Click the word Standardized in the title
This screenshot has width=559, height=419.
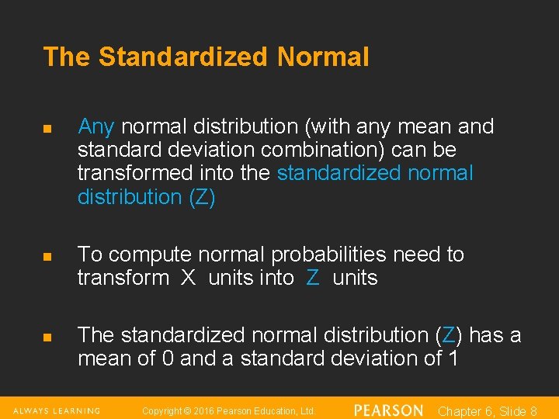click(x=184, y=57)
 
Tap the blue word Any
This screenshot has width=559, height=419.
click(x=96, y=126)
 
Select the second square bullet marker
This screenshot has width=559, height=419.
click(x=47, y=256)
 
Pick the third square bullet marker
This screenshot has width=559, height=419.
click(x=47, y=337)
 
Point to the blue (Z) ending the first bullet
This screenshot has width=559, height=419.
click(x=202, y=197)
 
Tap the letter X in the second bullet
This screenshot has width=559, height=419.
click(x=188, y=279)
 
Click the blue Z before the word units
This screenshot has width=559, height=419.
click(x=313, y=279)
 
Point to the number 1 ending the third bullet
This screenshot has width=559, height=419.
click(x=453, y=359)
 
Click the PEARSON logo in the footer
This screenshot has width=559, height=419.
click(x=388, y=410)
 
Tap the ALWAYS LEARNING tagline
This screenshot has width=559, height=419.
click(x=57, y=410)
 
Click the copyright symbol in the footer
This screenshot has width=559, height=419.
click(x=186, y=410)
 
